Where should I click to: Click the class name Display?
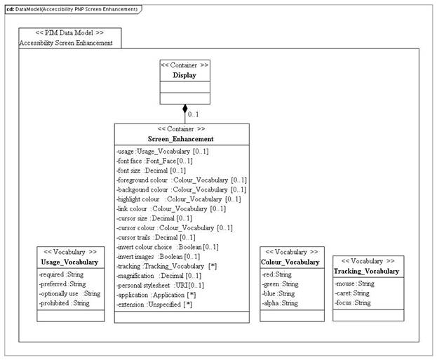pyautogui.click(x=184, y=75)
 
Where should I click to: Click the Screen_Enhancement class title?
pyautogui.click(x=181, y=139)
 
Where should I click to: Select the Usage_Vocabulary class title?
pyautogui.click(x=69, y=262)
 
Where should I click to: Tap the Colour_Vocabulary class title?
pyautogui.click(x=292, y=262)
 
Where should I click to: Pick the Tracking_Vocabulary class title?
pyautogui.click(x=367, y=271)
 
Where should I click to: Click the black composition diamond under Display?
pyautogui.click(x=185, y=109)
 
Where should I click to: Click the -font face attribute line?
pyautogui.click(x=151, y=161)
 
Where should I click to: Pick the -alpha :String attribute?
pyautogui.click(x=281, y=303)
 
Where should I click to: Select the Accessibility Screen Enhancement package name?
pyautogui.click(x=66, y=43)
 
